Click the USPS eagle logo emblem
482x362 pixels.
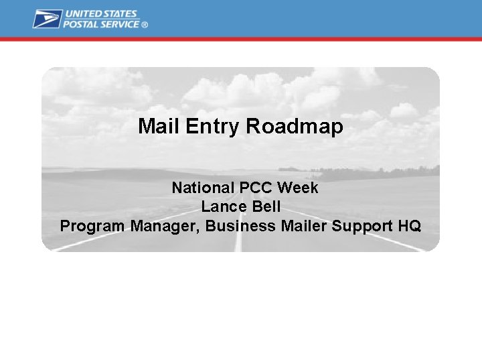47,19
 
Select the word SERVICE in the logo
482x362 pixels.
121,24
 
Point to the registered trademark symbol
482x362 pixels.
145,25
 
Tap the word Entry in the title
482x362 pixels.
205,126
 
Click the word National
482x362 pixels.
199,188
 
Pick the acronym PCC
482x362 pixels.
250,188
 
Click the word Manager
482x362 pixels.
165,226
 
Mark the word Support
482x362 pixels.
361,226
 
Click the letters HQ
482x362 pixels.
409,226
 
